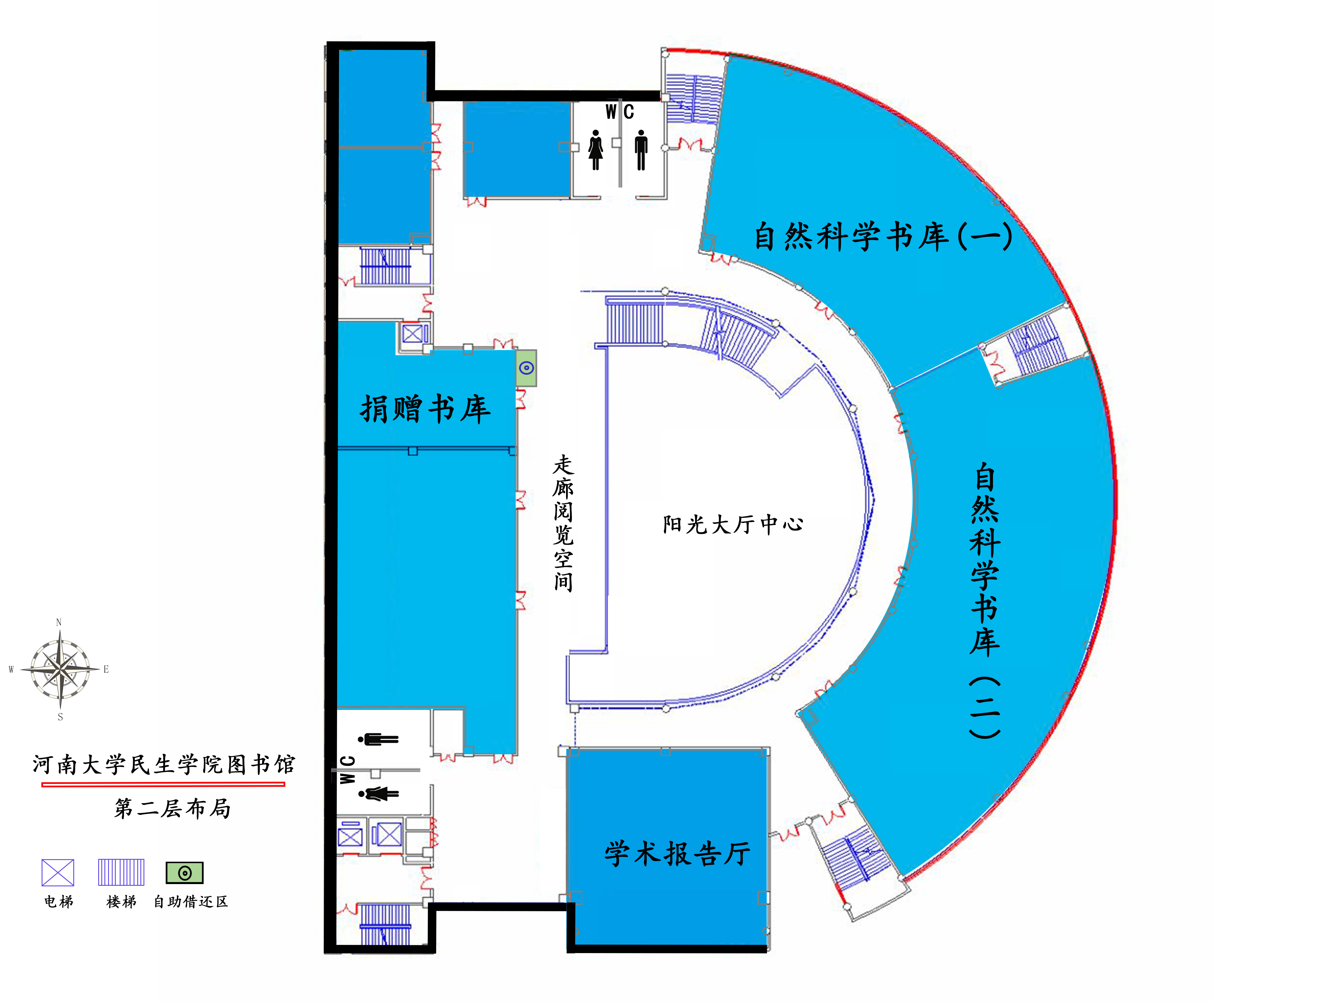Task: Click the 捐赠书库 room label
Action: pos(425,409)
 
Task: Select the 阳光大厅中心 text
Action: pos(732,524)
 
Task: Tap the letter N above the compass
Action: pos(59,622)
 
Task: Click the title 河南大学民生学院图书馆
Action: pos(164,765)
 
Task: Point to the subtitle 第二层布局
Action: pos(172,808)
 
